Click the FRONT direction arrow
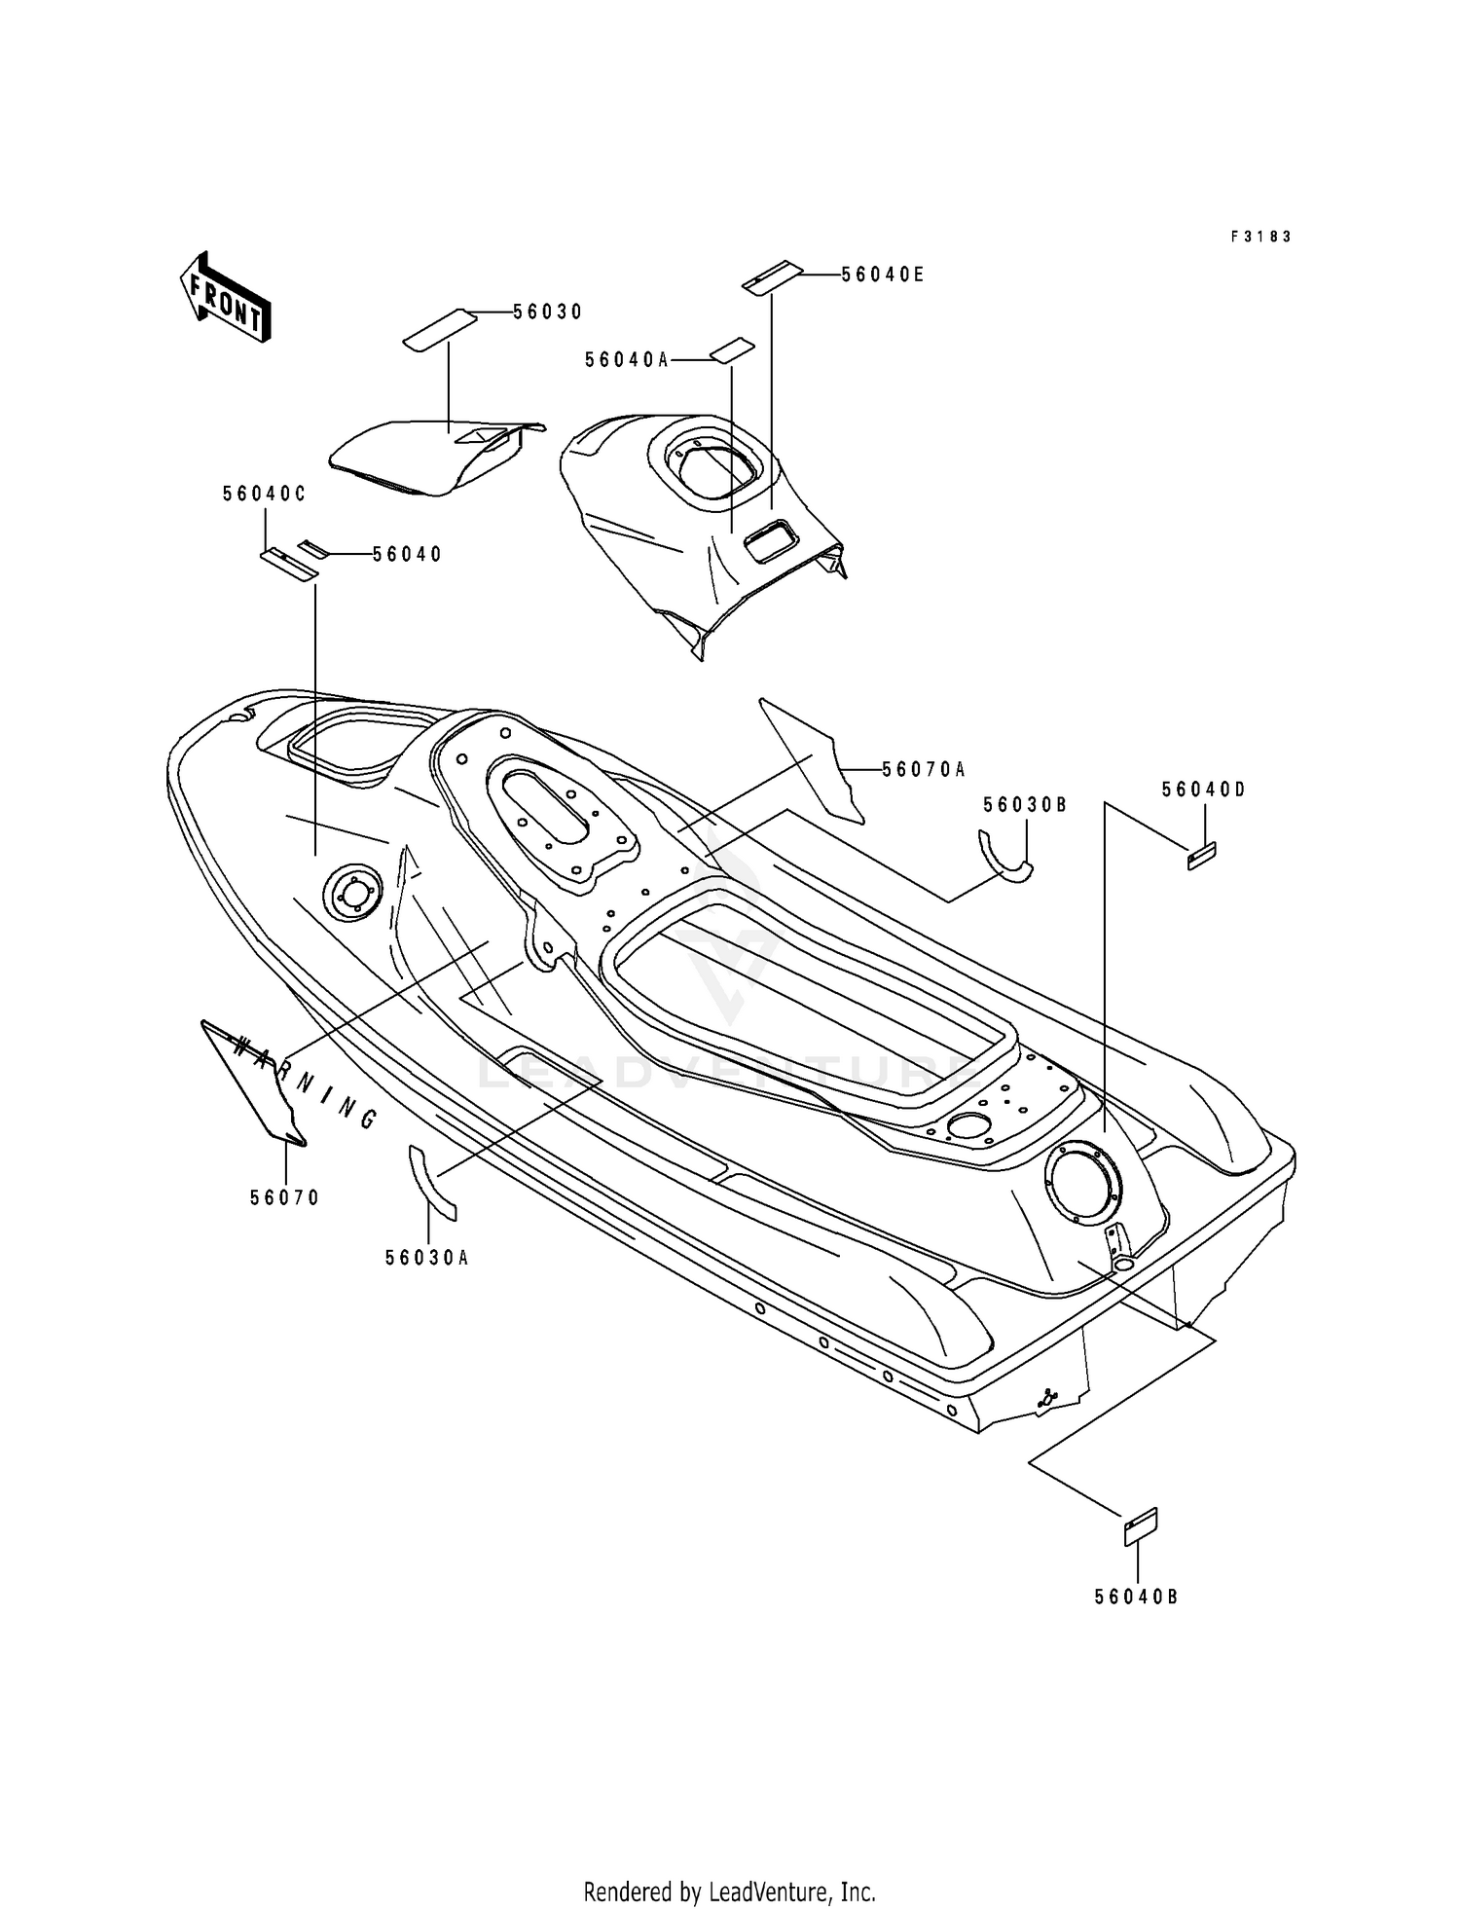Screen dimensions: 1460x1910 (x=225, y=297)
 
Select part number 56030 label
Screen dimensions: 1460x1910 (x=548, y=312)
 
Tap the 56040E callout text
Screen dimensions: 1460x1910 (x=883, y=275)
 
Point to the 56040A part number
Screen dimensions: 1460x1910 (x=627, y=360)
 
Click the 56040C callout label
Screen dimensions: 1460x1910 (x=265, y=494)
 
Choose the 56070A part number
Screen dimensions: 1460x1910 (x=924, y=770)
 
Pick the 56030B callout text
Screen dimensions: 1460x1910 (x=1025, y=805)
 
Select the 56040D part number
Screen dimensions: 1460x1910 (x=1204, y=790)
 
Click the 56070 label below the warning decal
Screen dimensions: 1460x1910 (x=285, y=1198)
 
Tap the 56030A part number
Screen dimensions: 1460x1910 (x=427, y=1258)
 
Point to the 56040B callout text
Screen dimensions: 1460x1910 (x=1137, y=1598)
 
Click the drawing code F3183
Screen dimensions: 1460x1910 (x=1261, y=237)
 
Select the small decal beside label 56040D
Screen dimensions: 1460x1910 (x=1202, y=856)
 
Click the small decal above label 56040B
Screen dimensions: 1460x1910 (x=1141, y=1526)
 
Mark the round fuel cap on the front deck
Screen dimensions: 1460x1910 (x=350, y=892)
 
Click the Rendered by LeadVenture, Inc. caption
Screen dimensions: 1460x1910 (x=730, y=1864)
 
